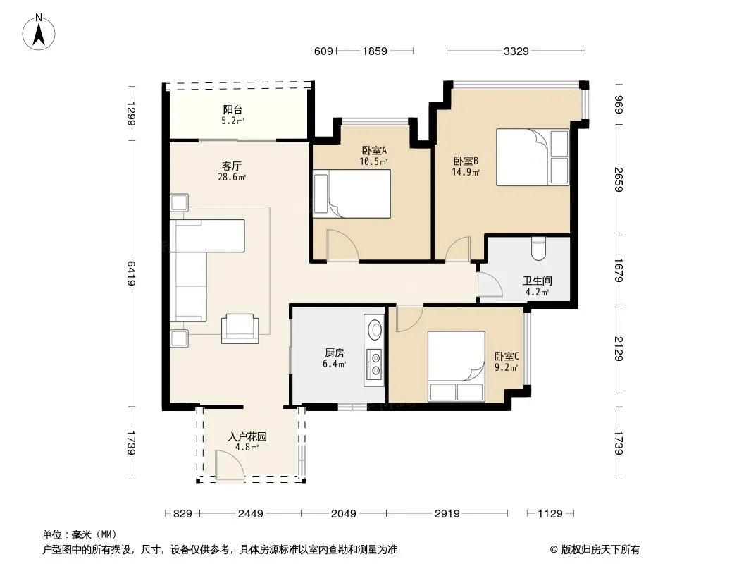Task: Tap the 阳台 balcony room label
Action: (x=232, y=110)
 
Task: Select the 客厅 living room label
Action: (x=232, y=166)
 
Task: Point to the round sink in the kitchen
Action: (x=374, y=329)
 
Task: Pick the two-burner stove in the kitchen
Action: (x=373, y=364)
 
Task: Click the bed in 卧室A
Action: (x=352, y=194)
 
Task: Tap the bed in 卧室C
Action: (x=457, y=366)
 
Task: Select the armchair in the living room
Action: (x=240, y=329)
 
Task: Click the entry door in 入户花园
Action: (x=229, y=465)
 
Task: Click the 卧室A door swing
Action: (x=342, y=245)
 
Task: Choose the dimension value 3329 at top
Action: (x=516, y=51)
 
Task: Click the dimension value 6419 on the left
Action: (x=131, y=273)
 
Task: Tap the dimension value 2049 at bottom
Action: (x=343, y=514)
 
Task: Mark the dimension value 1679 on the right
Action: (x=619, y=270)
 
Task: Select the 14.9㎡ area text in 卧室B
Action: (x=466, y=172)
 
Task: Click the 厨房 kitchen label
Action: (x=335, y=353)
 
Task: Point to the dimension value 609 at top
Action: (x=323, y=51)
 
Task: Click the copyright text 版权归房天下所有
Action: (x=600, y=550)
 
